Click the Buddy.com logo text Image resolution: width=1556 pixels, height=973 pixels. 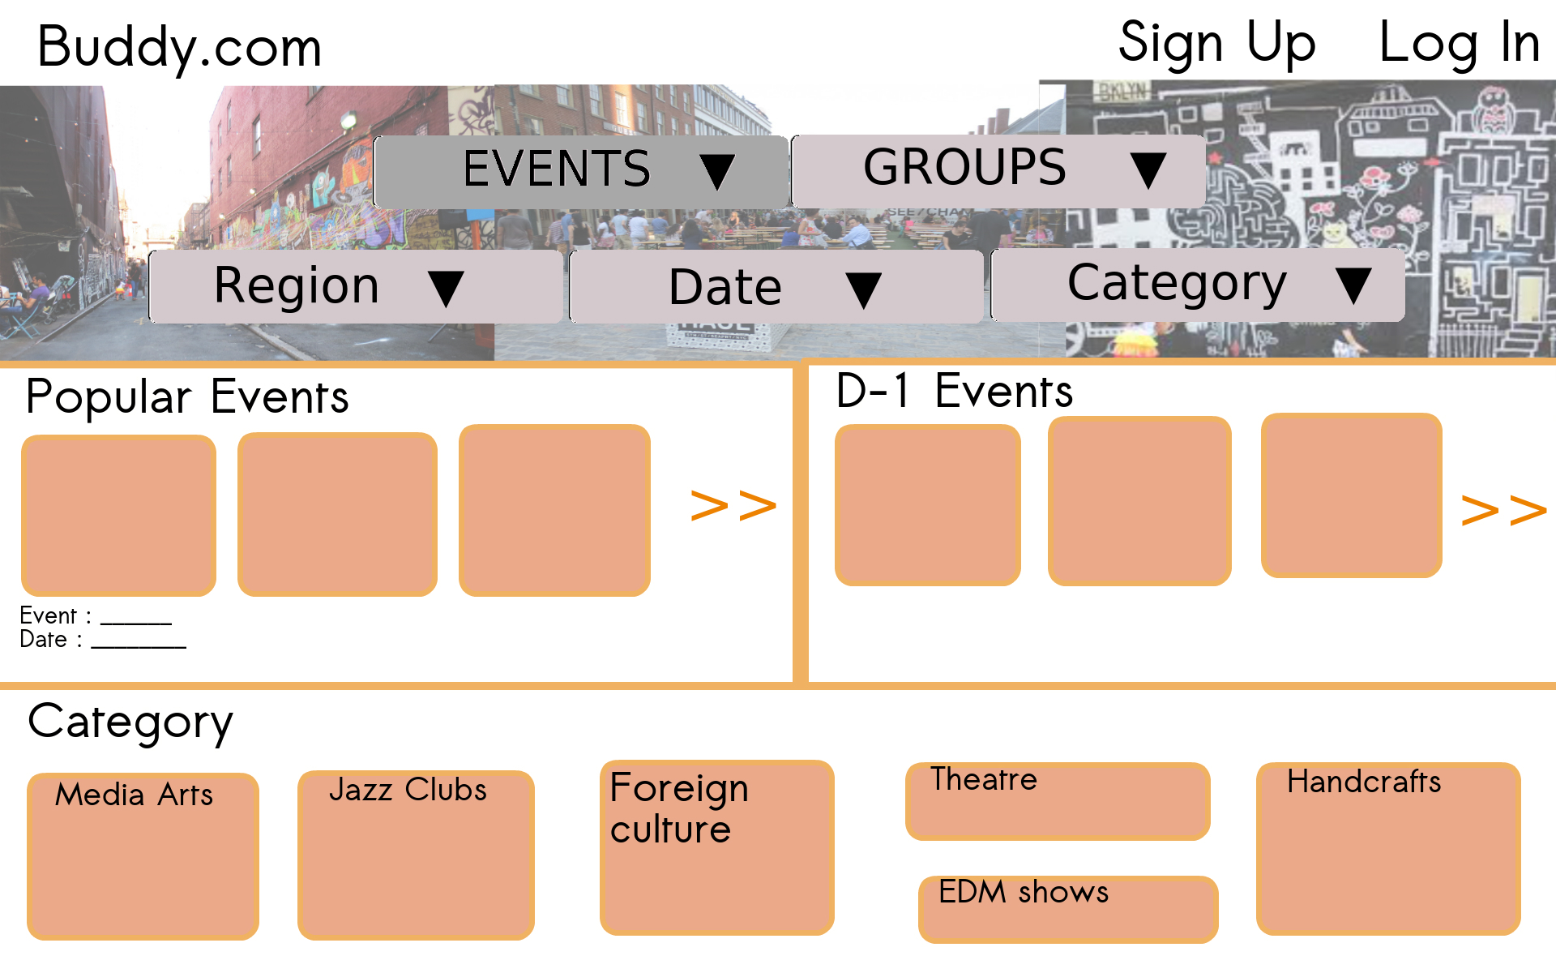tap(179, 47)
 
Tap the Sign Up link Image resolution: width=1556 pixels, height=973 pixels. tap(1216, 43)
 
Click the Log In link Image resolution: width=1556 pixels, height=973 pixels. tap(1459, 43)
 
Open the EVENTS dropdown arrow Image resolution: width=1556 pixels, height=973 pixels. tap(717, 171)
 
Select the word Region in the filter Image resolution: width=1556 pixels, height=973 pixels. tap(297, 286)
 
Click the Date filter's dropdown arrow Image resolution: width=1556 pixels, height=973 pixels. tap(863, 289)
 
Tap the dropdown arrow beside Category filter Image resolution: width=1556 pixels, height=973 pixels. tap(1353, 285)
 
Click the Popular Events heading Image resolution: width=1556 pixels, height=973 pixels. tap(187, 397)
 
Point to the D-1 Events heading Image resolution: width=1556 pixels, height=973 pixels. tap(954, 392)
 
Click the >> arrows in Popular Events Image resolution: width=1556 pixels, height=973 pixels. tap(733, 506)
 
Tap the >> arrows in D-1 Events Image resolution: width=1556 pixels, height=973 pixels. tap(1503, 511)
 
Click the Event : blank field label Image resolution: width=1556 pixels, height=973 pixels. tap(55, 615)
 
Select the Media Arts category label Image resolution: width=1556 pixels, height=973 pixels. tap(134, 795)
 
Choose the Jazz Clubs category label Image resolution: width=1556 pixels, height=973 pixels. tap(408, 790)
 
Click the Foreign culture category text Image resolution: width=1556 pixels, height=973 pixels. tap(678, 808)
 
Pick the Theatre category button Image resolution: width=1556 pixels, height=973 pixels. tap(1057, 801)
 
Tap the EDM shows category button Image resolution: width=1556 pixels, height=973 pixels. tap(1067, 908)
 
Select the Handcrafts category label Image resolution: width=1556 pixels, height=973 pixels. tap(1364, 782)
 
